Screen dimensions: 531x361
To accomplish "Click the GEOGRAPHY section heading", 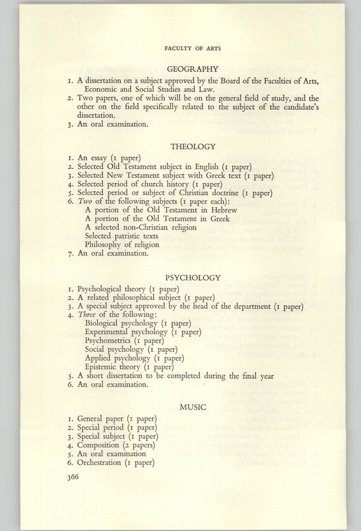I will click(193, 68).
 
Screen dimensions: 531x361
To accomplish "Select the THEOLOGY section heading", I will click(193, 146).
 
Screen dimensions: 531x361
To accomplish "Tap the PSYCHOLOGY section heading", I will click(193, 277).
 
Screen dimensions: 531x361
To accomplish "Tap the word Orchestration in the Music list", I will click(104, 463).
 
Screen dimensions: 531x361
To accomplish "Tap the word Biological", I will click(106, 323).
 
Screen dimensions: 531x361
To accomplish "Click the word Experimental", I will click(110, 332).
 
